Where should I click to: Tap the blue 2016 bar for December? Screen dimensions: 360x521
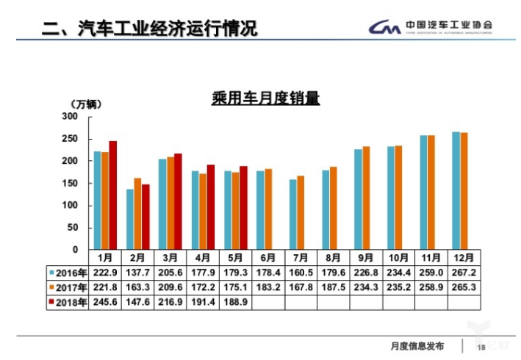coord(456,190)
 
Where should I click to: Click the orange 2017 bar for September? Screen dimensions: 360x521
coord(366,198)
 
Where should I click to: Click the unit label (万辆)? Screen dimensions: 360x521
coord(85,104)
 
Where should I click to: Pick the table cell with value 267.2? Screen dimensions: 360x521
coord(464,273)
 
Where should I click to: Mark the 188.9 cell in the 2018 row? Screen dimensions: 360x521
coord(235,302)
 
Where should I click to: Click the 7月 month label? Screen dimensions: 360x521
coord(301,258)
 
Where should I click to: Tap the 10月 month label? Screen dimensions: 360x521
coord(398,258)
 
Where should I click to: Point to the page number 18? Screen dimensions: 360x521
coord(482,347)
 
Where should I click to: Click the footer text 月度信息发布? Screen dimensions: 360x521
coord(417,346)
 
